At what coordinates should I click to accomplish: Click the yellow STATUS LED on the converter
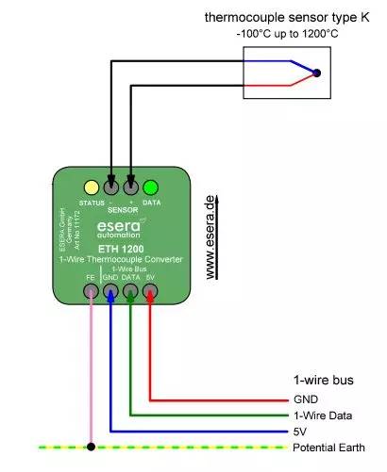92,187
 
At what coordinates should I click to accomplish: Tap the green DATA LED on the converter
150,187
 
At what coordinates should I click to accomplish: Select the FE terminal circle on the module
92,293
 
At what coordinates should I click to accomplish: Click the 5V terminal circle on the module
151,293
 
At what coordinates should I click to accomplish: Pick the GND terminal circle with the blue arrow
111,293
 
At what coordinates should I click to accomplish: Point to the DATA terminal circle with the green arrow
131,293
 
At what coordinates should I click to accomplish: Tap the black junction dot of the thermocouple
317,73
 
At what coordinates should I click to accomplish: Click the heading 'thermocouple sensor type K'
291,18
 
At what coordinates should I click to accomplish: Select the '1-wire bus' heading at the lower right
322,382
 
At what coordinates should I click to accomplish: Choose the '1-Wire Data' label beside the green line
324,415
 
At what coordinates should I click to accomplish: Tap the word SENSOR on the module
121,209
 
